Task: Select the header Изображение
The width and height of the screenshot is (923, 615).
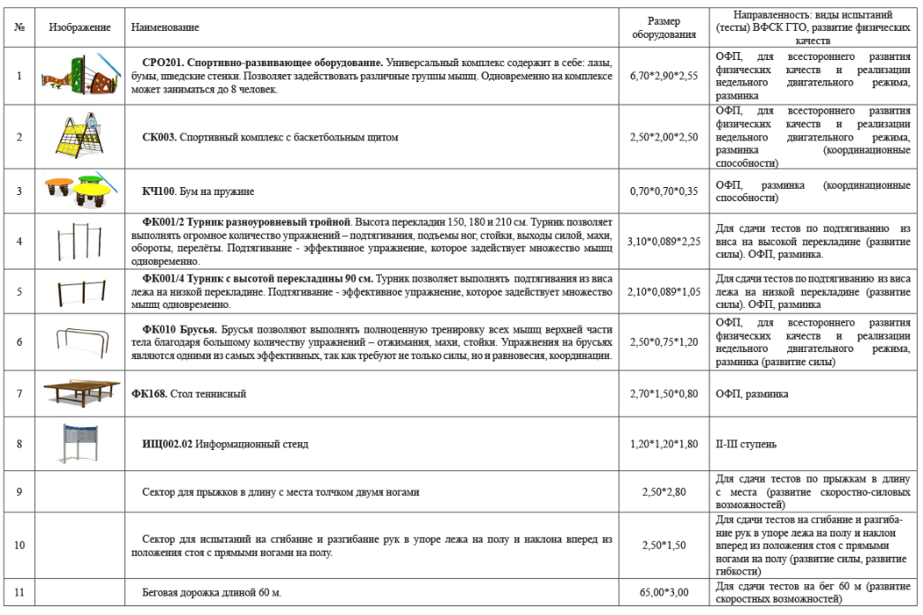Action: click(79, 28)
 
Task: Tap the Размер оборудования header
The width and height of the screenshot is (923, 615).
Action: click(664, 28)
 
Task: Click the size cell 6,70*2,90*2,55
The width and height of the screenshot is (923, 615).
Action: click(664, 76)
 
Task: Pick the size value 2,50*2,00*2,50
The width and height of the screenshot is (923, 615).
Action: click(664, 138)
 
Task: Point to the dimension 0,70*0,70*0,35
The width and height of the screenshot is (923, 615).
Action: click(664, 191)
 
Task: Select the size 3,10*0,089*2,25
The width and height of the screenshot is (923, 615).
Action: click(664, 241)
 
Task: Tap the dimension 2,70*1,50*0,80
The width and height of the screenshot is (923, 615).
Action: click(664, 394)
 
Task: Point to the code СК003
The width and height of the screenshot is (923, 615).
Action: click(160, 138)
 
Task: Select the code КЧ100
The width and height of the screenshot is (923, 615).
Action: click(159, 191)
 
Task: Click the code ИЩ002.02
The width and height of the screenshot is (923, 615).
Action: click(169, 444)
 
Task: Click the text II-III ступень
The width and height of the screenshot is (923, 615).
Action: click(747, 444)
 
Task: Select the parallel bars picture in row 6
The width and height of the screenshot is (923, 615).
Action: click(79, 341)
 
